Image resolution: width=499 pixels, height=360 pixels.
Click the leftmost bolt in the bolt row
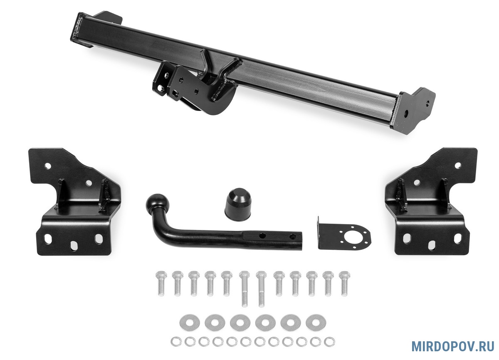[x=161, y=284]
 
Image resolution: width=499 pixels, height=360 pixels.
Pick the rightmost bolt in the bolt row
[x=344, y=284]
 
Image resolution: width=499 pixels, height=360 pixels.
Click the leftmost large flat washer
[x=190, y=322]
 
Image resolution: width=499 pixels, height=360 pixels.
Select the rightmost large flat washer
[x=316, y=322]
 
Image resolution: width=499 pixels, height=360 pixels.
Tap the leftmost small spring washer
[x=176, y=342]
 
